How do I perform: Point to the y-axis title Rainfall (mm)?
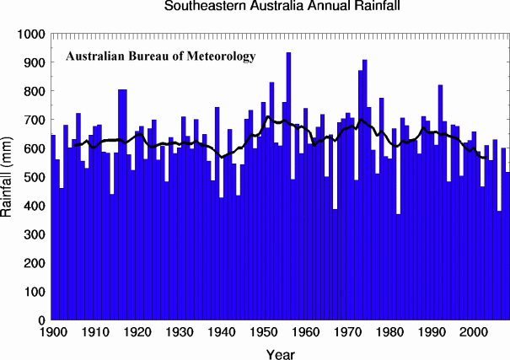[9, 176]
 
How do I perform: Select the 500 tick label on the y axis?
[35, 178]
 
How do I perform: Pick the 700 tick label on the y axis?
[35, 121]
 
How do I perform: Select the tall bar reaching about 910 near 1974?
[364, 194]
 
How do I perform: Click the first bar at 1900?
[53, 228]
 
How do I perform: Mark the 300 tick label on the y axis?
[35, 235]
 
